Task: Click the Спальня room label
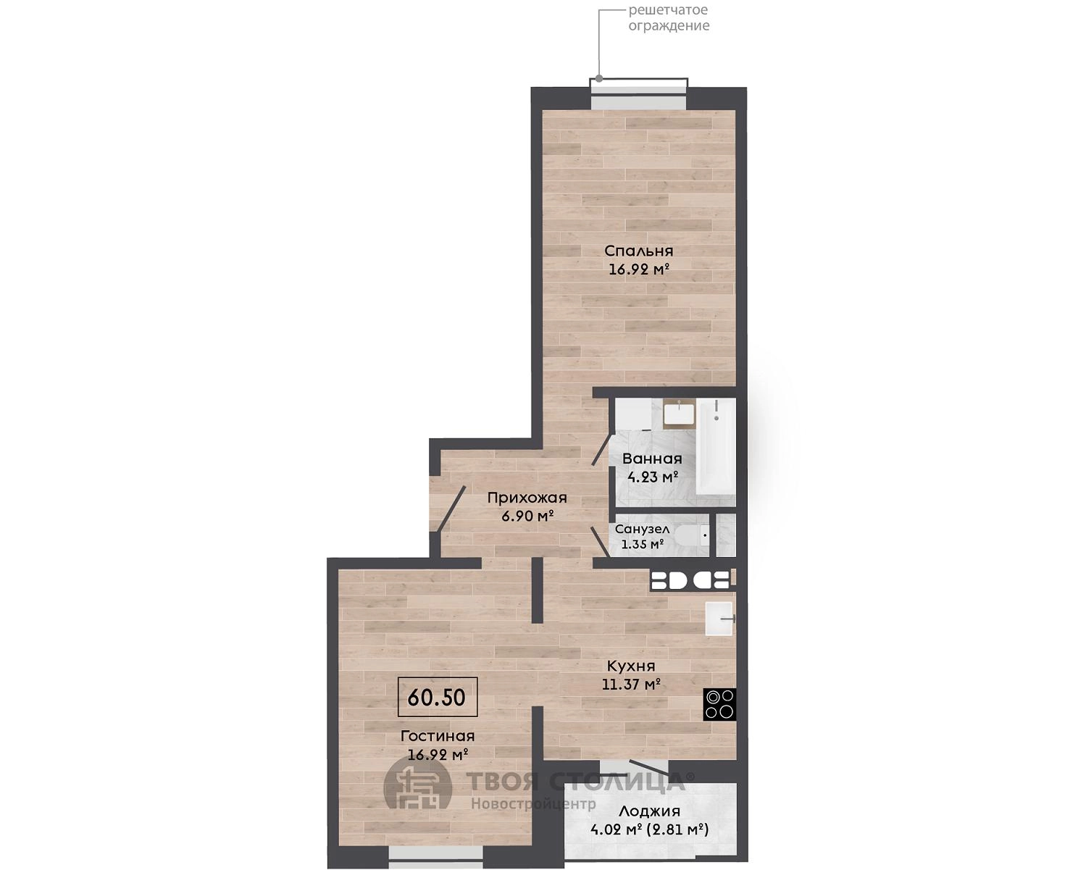pos(639,251)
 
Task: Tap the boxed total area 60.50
pos(438,698)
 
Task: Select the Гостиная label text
pos(438,736)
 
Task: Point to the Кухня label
pos(630,666)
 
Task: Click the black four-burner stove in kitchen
pos(719,704)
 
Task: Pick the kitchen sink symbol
pos(719,619)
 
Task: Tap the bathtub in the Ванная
pos(715,446)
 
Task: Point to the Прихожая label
pos(527,498)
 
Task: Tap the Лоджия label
pos(649,811)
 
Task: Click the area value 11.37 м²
pos(631,685)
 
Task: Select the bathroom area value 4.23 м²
pos(652,476)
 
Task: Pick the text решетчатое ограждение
pos(669,17)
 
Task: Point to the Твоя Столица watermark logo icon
pos(417,789)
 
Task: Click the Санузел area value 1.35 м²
pos(643,545)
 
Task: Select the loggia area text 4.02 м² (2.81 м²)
pos(649,830)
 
